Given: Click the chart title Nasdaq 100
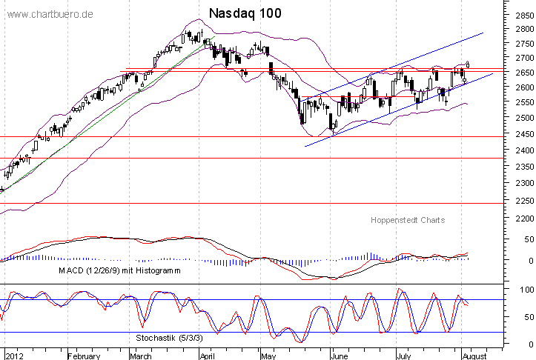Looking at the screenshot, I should (x=245, y=14).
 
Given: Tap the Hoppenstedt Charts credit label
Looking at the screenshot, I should (x=407, y=221).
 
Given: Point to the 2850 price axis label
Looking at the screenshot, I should (x=521, y=14).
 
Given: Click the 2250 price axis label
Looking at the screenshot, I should (x=521, y=201).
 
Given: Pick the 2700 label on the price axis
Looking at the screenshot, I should (x=521, y=58).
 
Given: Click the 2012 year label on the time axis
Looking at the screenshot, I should (x=15, y=355).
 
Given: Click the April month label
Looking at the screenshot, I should (x=208, y=355).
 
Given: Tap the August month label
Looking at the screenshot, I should (x=474, y=355).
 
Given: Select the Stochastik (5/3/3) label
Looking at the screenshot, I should (x=167, y=337).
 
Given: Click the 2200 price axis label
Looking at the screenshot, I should (x=521, y=219).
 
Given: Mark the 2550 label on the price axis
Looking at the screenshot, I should (x=521, y=102).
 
